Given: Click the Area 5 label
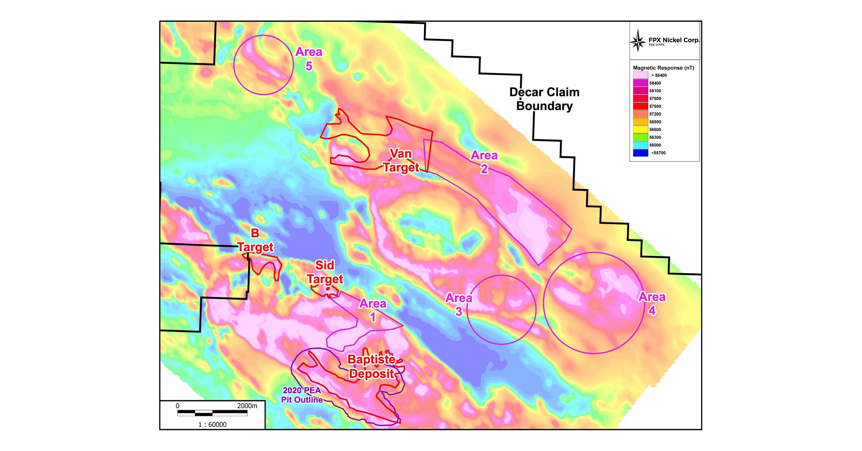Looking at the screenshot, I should [309, 59].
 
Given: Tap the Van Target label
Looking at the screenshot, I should [401, 161].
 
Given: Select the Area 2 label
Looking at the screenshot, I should [484, 162].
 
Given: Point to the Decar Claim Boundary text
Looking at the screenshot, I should [544, 99].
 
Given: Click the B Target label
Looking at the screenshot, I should [256, 240].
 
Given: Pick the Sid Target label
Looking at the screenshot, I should [325, 272].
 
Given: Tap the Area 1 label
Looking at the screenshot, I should [373, 310].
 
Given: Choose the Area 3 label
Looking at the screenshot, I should [459, 304].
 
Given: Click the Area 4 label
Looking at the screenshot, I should [652, 304].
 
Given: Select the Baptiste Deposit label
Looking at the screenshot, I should [371, 367].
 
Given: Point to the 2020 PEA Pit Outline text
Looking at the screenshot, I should [302, 395].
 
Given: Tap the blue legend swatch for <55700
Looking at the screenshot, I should [640, 153].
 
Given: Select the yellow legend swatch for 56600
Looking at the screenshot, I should [640, 130].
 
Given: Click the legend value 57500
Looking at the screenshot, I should [655, 106].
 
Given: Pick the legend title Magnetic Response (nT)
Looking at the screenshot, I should [663, 68].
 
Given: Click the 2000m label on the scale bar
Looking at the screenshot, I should [247, 406].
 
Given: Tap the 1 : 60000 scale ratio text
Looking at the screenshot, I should [212, 425].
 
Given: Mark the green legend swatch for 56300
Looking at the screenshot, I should [640, 137].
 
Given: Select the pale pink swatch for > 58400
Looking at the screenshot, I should [640, 75].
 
